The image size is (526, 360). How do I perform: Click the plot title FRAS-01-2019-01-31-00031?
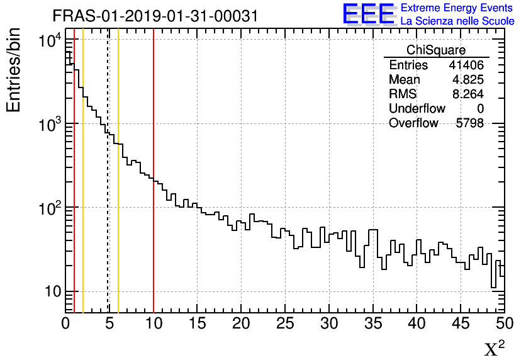pyautogui.click(x=155, y=16)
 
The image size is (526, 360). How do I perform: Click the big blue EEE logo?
pyautogui.click(x=368, y=14)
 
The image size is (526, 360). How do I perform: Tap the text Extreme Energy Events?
pyautogui.click(x=457, y=8)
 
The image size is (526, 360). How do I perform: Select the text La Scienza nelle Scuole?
pyautogui.click(x=457, y=21)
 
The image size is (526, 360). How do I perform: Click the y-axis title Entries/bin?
pyautogui.click(x=14, y=69)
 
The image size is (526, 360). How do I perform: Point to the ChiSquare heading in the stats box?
pyautogui.click(x=436, y=50)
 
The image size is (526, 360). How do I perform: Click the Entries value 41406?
pyautogui.click(x=466, y=65)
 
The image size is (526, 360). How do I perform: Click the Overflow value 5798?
pyautogui.click(x=470, y=123)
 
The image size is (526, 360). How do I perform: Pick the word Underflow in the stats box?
pyautogui.click(x=417, y=109)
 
